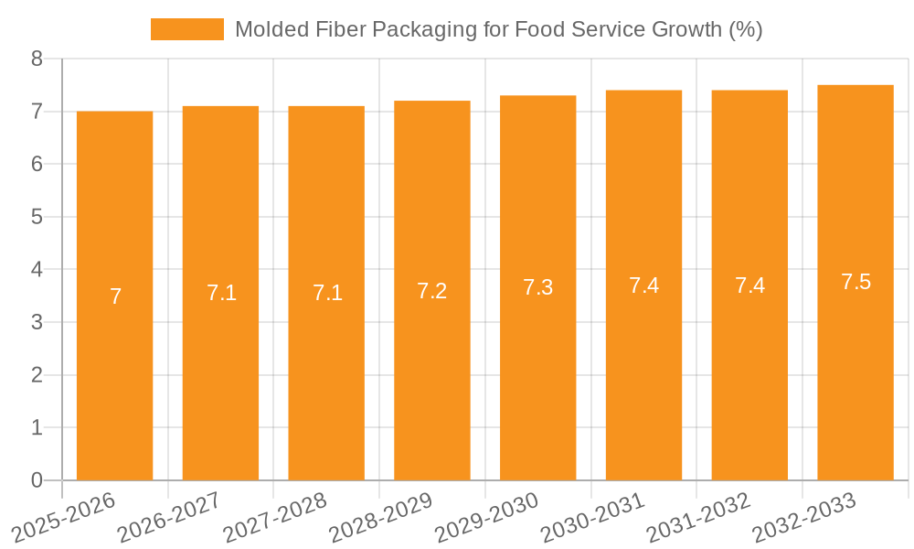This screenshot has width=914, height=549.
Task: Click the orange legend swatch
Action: pos(186,29)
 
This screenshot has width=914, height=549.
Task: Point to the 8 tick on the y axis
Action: pos(37,59)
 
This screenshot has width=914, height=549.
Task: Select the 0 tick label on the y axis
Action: pos(37,480)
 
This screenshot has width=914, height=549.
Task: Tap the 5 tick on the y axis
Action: pos(37,217)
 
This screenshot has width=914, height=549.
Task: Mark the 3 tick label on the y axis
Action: pos(37,322)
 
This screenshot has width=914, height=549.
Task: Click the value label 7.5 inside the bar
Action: pos(856,282)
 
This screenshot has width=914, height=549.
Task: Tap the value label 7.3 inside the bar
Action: pos(537,287)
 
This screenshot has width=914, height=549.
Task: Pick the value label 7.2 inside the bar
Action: pos(431,291)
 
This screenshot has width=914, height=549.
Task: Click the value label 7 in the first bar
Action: pos(115,296)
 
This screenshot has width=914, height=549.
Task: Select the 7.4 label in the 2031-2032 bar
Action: pos(749,285)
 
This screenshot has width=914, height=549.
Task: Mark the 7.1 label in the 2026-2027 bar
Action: pos(221,293)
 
